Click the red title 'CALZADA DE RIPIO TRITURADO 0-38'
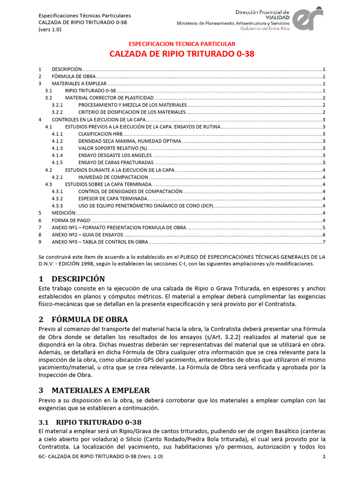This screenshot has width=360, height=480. click(182, 54)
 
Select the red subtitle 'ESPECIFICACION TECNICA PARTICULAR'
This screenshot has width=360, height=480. click(182, 43)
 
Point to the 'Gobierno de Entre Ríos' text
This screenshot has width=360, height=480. click(265, 28)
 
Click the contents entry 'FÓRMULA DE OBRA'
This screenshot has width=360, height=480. click(74, 76)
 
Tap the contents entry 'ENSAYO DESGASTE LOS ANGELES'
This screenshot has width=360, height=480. click(115, 155)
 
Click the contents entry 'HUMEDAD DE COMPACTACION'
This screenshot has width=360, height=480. click(113, 177)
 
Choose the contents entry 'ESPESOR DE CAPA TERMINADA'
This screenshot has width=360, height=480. click(112, 199)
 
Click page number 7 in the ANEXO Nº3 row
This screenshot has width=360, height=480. click(323, 242)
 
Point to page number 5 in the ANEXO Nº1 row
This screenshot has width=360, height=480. click(323, 228)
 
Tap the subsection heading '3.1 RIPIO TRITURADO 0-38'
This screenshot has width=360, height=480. click(90, 422)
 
